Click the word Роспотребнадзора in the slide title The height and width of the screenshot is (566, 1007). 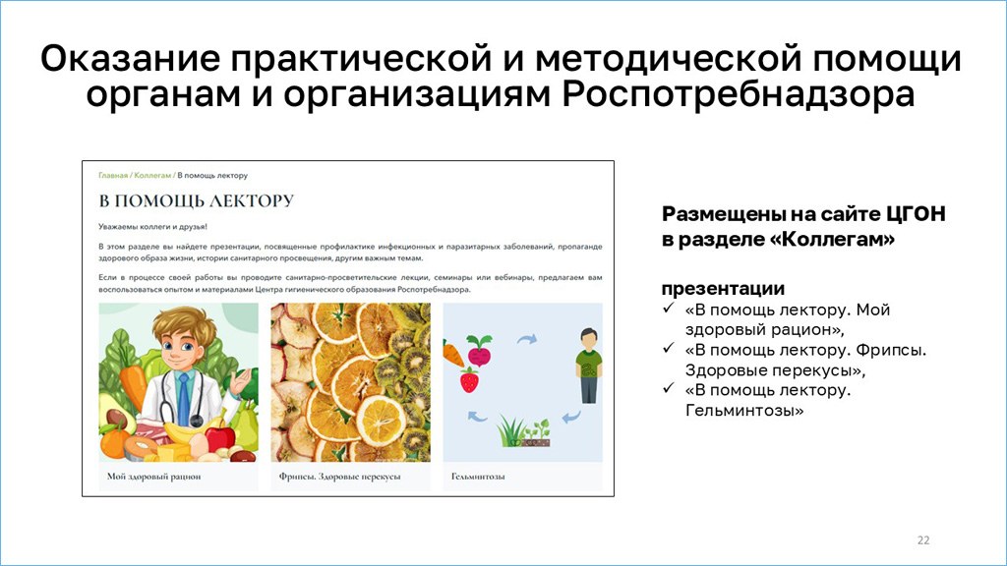point(738,94)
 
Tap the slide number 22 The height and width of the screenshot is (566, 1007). point(923,540)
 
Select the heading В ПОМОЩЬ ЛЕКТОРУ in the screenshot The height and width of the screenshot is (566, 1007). point(196,200)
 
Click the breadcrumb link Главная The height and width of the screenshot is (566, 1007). point(113,175)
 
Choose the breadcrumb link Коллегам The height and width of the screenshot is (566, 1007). point(152,175)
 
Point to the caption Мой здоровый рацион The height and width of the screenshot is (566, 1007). point(153,477)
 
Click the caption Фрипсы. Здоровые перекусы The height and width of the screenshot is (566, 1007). point(339,477)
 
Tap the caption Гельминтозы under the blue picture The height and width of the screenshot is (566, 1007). point(478,477)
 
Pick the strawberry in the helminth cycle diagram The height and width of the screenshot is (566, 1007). point(469,379)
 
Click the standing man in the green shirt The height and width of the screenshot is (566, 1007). point(589,366)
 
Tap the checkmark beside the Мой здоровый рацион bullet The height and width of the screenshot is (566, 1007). point(669,308)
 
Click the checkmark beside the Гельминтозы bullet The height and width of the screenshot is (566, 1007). point(669,388)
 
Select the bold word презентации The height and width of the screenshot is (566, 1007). point(723,288)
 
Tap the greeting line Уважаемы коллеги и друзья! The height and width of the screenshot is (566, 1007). point(152,227)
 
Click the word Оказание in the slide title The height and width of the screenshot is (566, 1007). point(131,58)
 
